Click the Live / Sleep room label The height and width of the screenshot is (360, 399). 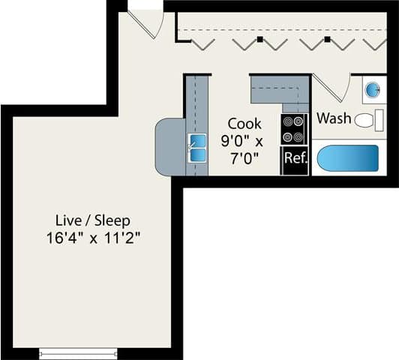coord(93,220)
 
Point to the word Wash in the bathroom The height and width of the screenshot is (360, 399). coord(334,118)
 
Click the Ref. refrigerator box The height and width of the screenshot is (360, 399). coord(294,160)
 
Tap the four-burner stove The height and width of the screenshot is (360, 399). coord(294,129)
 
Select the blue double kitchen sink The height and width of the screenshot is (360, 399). coord(197,148)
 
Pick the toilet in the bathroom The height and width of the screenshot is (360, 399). coord(366,119)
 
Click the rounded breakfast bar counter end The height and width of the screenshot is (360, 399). coord(166,147)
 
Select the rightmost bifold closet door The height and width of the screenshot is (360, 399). coord(374,43)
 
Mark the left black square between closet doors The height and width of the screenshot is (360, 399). coord(259,38)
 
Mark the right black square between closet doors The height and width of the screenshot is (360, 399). coord(327,38)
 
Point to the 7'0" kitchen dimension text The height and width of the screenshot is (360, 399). coord(244,157)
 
